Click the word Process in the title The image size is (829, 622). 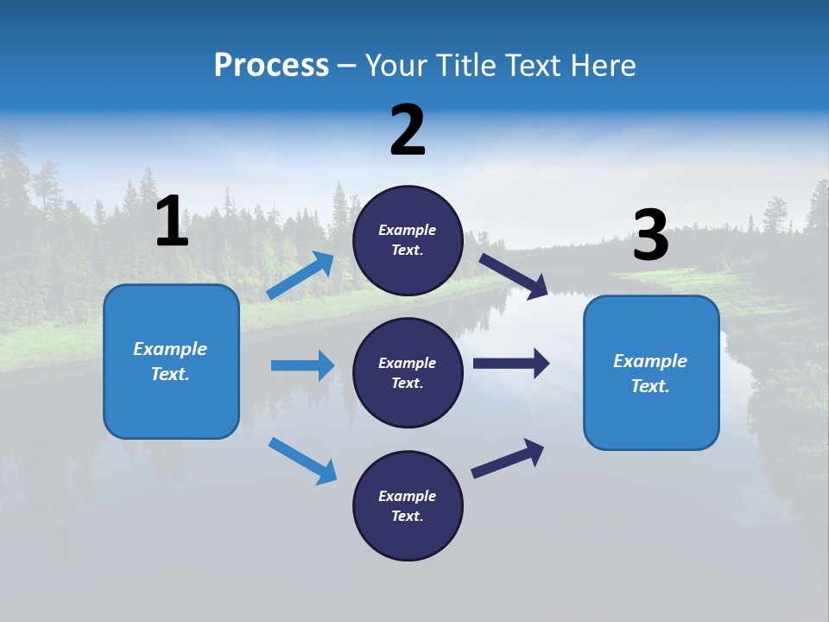click(x=271, y=66)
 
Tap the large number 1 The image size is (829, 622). click(x=172, y=222)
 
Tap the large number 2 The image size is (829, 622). click(x=408, y=130)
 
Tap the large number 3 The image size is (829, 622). click(x=650, y=236)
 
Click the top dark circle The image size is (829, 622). click(x=408, y=240)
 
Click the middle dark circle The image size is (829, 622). click(x=408, y=372)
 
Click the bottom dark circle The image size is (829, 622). click(x=408, y=505)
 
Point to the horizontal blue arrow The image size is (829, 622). click(x=302, y=365)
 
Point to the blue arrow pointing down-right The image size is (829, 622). click(x=303, y=460)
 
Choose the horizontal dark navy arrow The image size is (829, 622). click(x=511, y=363)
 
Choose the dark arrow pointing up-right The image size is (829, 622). click(x=508, y=458)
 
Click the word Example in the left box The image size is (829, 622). click(x=170, y=349)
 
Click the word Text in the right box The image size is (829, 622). click(x=649, y=386)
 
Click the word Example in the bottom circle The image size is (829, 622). click(x=408, y=496)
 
